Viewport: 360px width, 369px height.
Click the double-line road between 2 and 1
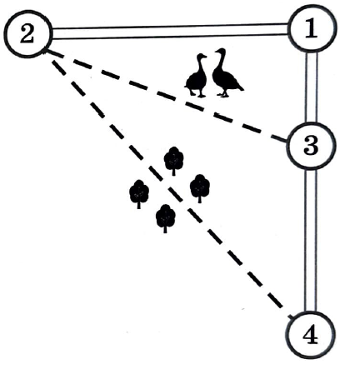(x=170, y=31)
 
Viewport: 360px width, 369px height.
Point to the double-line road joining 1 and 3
(x=311, y=87)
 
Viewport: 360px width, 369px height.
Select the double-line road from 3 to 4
(x=311, y=240)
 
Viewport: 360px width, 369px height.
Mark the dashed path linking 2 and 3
(x=167, y=96)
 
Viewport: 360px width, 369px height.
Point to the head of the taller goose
(x=220, y=52)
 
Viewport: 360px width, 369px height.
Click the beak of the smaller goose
(x=205, y=57)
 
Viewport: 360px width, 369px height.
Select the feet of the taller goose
(x=223, y=95)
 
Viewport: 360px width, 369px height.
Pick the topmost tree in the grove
(x=173, y=161)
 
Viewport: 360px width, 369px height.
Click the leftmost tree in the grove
(x=139, y=194)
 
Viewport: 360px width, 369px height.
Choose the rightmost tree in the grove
(x=199, y=188)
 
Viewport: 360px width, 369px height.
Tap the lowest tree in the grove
(x=165, y=218)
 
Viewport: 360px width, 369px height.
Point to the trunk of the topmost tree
(x=173, y=172)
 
